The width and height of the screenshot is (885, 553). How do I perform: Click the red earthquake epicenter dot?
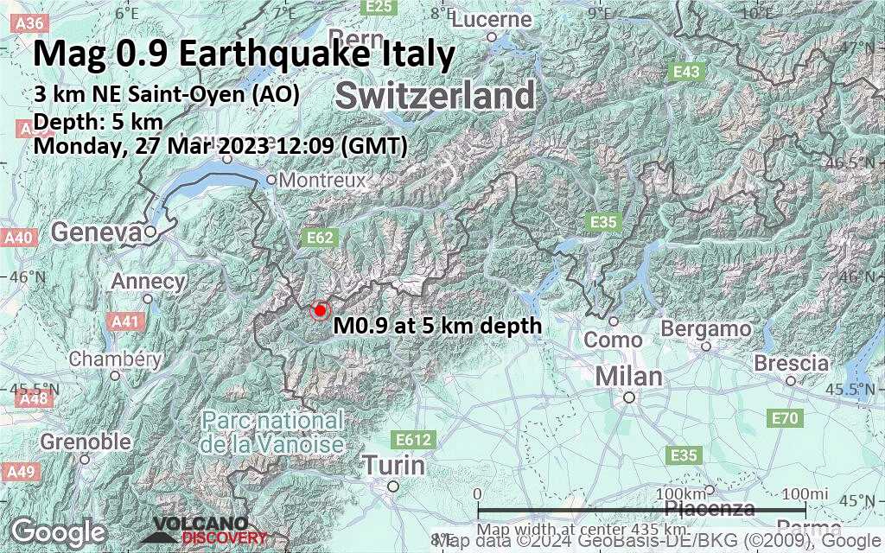click(320, 310)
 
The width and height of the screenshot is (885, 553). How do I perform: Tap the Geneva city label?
click(96, 232)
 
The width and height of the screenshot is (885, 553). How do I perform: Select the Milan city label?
click(628, 377)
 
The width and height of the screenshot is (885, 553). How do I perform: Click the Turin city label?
click(393, 466)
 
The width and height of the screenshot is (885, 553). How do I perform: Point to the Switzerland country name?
click(435, 96)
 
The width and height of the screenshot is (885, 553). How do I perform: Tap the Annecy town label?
click(149, 282)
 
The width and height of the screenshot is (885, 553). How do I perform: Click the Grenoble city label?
click(86, 442)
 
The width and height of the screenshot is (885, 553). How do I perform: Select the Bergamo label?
click(705, 329)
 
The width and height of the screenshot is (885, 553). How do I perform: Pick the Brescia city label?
click(791, 364)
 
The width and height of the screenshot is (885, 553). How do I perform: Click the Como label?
click(613, 340)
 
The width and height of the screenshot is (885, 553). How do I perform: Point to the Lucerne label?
click(491, 20)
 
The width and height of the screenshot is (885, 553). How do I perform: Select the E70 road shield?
click(782, 419)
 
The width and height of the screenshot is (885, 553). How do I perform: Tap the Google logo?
click(58, 531)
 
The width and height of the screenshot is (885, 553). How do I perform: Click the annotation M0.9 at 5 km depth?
click(437, 326)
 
